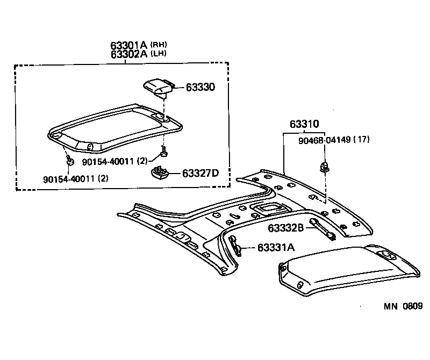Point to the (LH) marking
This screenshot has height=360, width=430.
[158, 55]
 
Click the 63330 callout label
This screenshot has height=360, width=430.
[200, 87]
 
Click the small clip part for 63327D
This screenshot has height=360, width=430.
[161, 172]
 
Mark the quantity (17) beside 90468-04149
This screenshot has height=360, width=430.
[362, 140]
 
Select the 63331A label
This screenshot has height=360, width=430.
[276, 248]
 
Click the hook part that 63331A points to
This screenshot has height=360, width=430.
[237, 245]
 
